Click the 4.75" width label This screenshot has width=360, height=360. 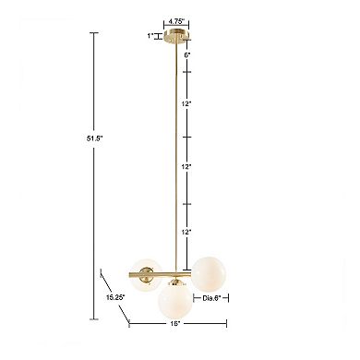point(176,21)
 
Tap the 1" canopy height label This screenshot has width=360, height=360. point(150,36)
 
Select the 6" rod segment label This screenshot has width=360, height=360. point(187,55)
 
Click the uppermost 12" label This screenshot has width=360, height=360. point(186,104)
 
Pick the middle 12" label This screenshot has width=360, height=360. point(186,167)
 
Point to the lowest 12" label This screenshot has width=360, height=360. point(186,232)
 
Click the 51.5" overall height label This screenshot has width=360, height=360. point(94,138)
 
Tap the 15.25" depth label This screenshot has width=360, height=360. point(115,297)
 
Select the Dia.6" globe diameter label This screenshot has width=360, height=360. point(211,298)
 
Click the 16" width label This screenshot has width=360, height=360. point(174,324)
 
